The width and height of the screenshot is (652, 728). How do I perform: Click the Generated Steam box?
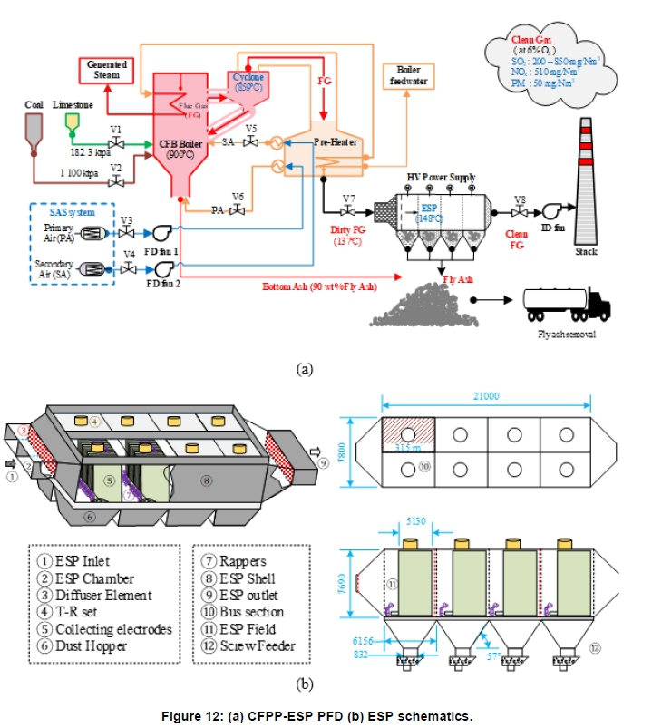(105, 68)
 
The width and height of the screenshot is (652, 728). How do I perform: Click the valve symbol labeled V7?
(348, 212)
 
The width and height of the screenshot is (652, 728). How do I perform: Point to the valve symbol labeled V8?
(520, 212)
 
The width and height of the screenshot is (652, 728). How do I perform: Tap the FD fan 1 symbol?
(163, 233)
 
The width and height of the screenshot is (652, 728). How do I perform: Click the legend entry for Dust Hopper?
(92, 647)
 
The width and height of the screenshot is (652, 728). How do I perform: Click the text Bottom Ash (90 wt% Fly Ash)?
(320, 286)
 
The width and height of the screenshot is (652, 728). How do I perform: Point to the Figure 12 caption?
(326, 716)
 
